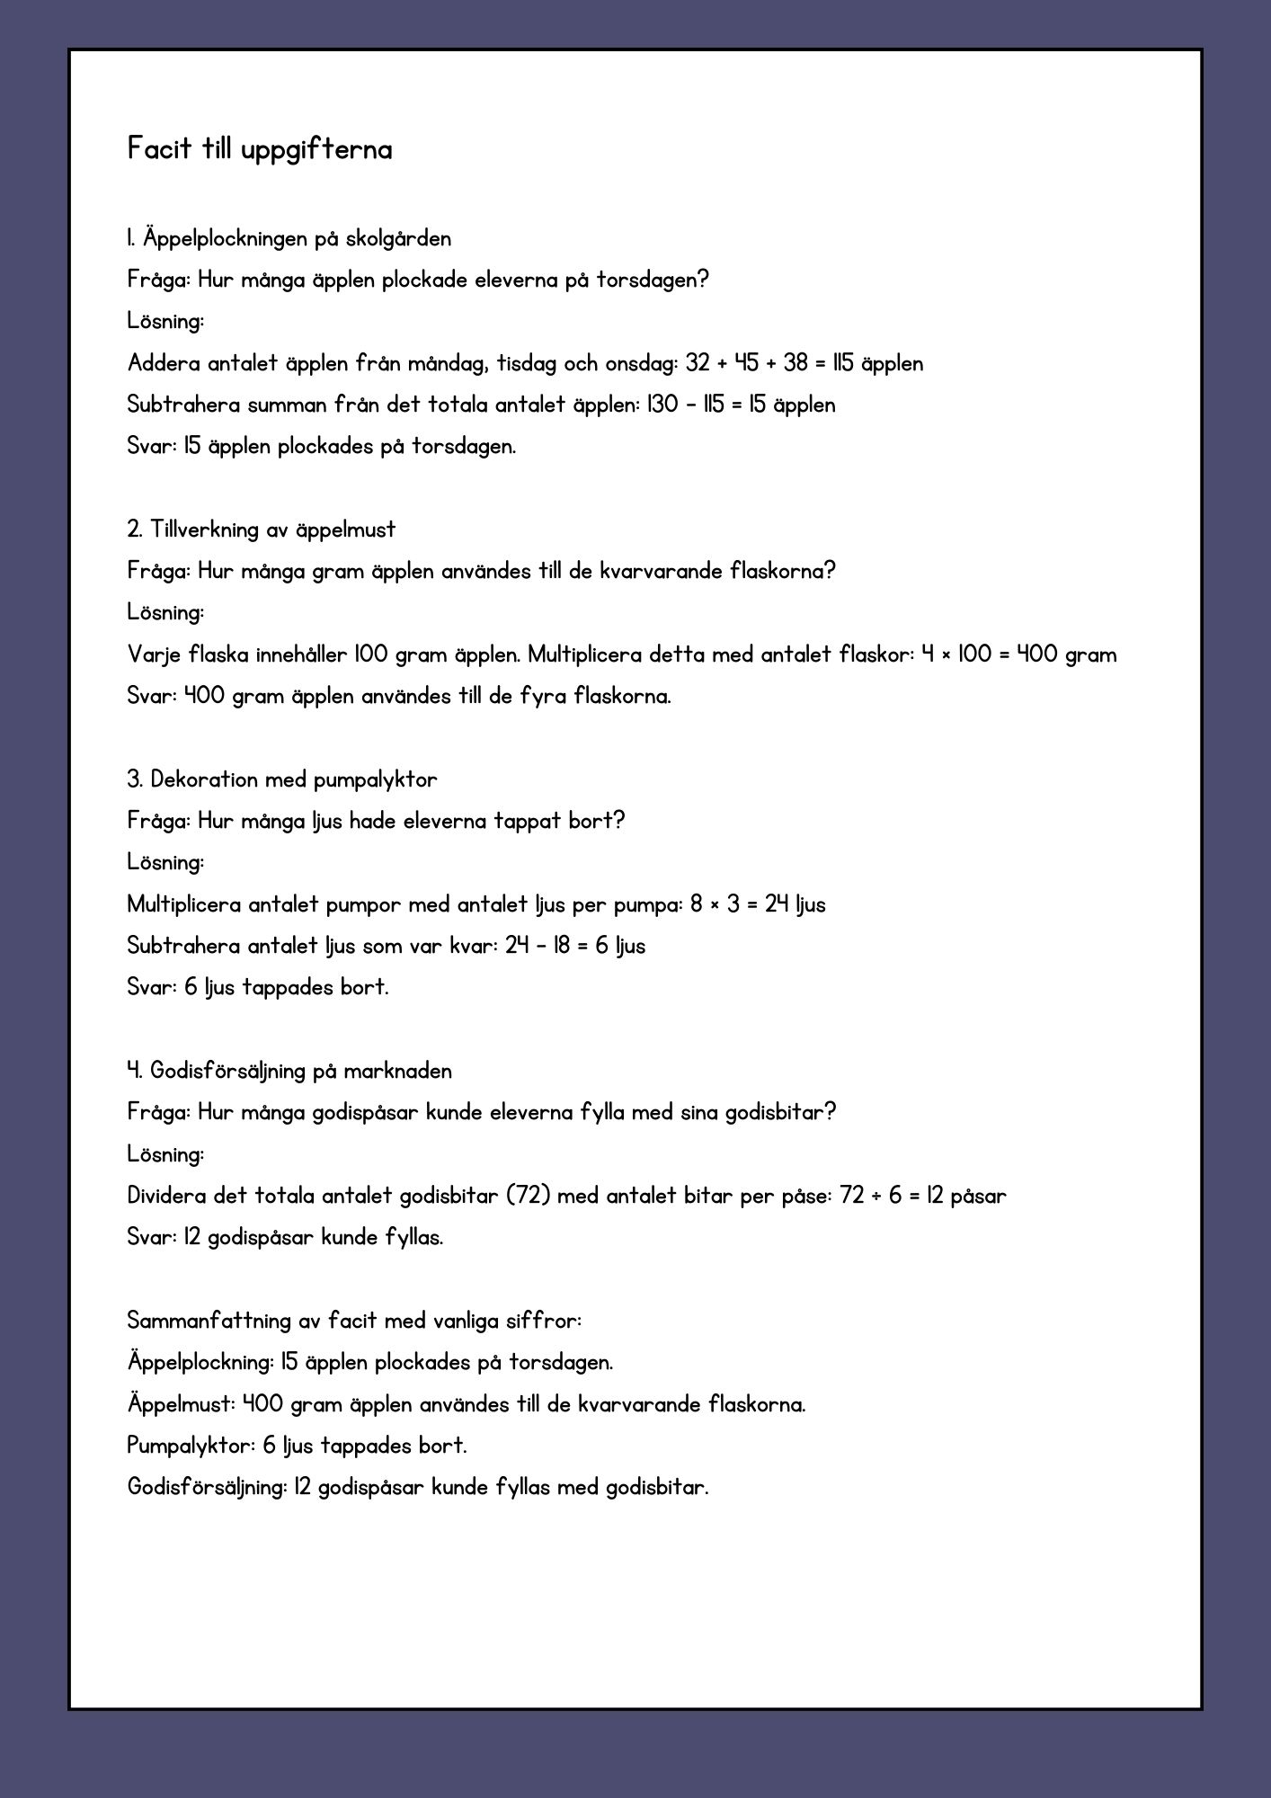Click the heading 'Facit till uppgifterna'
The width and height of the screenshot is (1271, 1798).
260,149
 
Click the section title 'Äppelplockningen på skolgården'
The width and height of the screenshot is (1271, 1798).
297,239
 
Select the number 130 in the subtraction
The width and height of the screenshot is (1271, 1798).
662,405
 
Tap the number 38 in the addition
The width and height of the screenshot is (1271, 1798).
795,364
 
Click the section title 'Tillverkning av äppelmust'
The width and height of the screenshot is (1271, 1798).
272,530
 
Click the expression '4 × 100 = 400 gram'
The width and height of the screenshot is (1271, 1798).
1018,655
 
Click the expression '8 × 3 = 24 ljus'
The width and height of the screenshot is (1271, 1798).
758,904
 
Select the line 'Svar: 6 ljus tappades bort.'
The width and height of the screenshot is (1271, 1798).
258,988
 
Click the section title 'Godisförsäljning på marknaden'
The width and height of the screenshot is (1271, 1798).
300,1072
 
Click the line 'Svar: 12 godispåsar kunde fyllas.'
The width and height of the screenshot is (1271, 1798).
285,1238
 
